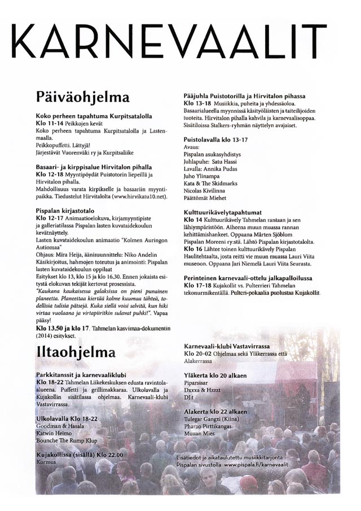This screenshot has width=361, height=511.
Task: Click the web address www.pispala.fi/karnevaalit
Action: [268, 464]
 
